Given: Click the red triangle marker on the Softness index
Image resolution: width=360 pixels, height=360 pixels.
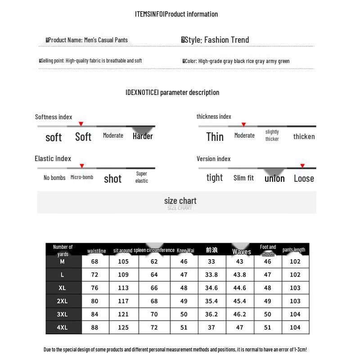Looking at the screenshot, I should [81, 124].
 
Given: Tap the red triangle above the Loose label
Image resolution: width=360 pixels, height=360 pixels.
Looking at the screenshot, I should [302, 166].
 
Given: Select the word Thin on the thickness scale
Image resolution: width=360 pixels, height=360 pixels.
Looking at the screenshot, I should [215, 137].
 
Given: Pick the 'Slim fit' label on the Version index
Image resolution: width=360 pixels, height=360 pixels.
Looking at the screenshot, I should [243, 178].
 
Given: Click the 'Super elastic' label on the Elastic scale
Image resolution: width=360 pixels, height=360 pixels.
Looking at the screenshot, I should [142, 177].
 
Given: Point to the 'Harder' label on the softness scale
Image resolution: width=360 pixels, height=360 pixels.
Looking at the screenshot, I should [143, 136].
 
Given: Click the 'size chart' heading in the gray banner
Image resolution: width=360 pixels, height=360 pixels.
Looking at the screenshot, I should [180, 201].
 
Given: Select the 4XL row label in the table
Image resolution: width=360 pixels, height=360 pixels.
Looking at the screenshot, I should [63, 328].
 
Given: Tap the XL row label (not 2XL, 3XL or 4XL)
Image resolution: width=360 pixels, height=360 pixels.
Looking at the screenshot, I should [63, 288].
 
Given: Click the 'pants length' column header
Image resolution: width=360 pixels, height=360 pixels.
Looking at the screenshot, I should [294, 250].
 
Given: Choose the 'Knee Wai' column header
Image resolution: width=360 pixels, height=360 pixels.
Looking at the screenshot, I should [185, 251].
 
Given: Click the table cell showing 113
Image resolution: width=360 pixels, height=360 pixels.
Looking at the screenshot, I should [123, 288].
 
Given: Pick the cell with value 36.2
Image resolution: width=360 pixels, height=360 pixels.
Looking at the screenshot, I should [211, 315].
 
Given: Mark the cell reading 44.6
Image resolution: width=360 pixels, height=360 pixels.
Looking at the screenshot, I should [239, 288].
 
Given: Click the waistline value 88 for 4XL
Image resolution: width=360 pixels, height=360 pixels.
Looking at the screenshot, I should [94, 328].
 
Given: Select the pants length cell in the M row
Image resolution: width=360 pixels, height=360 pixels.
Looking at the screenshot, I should [295, 261].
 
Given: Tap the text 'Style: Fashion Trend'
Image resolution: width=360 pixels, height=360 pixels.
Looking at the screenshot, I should [216, 40].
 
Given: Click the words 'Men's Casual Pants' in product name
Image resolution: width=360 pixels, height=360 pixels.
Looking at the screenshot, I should [106, 40].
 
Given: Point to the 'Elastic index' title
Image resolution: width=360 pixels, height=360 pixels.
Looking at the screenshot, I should [53, 158].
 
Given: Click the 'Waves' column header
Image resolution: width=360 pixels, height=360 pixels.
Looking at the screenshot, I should [242, 252].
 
